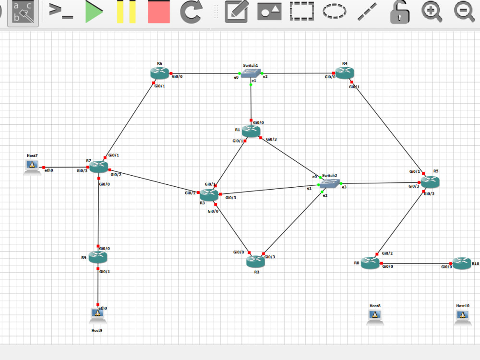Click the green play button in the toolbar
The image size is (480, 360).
tap(95, 12)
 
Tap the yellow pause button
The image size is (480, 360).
tap(126, 12)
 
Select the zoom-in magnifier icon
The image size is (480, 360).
tap(432, 12)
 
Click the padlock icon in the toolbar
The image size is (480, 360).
tap(399, 12)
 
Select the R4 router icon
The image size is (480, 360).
tap(345, 72)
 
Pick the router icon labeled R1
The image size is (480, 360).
tap(251, 131)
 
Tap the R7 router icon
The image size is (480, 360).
tap(98, 166)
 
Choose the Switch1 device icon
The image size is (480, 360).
tap(251, 73)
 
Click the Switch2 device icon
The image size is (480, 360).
tap(329, 184)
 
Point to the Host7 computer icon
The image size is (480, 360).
tap(32, 167)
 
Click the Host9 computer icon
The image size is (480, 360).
tap(97, 315)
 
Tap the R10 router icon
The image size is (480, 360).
tap(462, 263)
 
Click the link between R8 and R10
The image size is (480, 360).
tap(416, 264)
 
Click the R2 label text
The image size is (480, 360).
tap(256, 272)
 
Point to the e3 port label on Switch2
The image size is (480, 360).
tap(344, 187)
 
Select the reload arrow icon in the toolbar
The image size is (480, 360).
tap(192, 12)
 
